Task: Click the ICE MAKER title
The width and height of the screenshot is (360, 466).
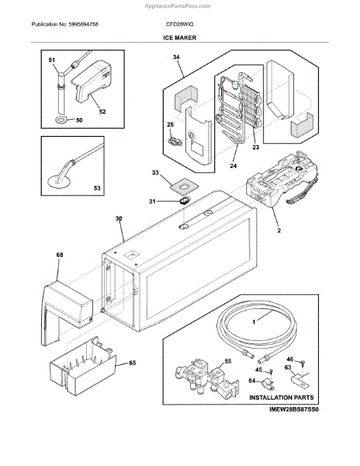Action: point(179,38)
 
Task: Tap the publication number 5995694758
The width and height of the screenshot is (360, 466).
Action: point(83,24)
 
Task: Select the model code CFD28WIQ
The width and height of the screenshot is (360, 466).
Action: point(179,24)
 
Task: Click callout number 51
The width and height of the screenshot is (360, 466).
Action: point(52,60)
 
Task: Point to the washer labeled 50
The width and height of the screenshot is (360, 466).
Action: point(62,120)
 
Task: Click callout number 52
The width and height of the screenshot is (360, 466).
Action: point(102,112)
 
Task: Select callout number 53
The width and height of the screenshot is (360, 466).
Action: point(97,188)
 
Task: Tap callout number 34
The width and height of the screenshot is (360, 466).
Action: point(176,57)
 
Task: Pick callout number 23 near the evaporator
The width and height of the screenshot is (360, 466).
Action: point(255,147)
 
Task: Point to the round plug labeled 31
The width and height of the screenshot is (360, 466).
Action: point(184,201)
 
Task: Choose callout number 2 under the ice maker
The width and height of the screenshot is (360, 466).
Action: point(279,231)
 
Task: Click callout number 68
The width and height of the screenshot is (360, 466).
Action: point(60,255)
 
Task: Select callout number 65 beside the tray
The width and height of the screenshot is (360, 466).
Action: point(133,363)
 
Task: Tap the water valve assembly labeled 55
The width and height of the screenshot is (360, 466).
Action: point(206,376)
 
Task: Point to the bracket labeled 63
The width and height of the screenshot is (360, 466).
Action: point(299,380)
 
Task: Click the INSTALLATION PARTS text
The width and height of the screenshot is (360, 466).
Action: point(282,398)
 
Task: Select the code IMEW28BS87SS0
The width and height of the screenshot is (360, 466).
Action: point(294,409)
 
